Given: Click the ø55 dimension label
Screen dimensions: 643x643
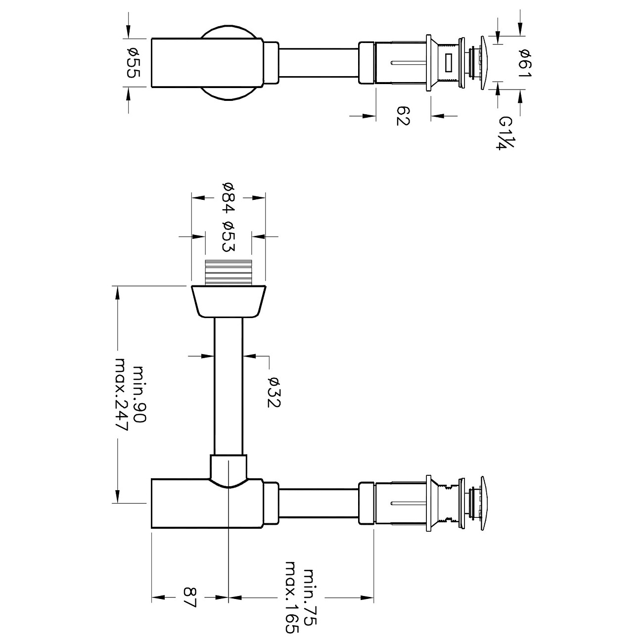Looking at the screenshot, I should (134, 62).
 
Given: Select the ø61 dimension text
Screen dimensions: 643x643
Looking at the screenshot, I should (525, 62).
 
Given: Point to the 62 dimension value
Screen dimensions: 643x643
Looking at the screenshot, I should (404, 116).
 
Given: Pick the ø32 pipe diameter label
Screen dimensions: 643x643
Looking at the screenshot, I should (274, 392).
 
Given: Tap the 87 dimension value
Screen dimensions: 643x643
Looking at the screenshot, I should (190, 597).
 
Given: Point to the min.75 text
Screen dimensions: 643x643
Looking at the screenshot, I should (310, 598).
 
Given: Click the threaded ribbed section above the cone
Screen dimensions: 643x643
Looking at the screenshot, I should (229, 272).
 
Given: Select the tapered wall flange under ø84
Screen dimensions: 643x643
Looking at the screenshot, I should (229, 301).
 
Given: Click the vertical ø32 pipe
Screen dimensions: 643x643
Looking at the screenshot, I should (229, 386).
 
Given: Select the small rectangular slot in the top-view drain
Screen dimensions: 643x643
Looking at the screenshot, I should (449, 62).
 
